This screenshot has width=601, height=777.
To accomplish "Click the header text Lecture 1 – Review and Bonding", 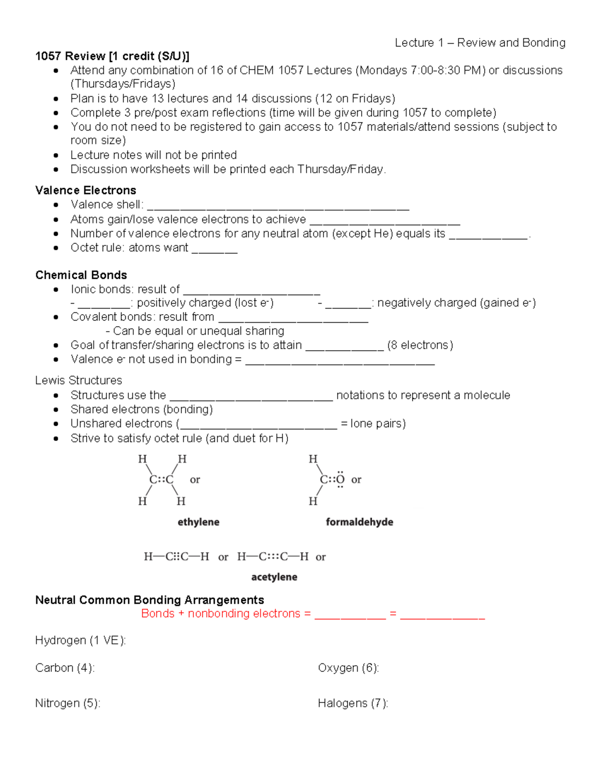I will point(480,43).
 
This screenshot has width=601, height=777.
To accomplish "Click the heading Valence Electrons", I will point(86,190).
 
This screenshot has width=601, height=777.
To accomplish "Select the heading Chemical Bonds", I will point(81,275).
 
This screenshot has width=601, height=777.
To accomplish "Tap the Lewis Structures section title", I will point(79,380).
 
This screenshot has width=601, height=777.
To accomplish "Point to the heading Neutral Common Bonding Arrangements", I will point(149,600).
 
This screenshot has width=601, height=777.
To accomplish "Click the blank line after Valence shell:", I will point(278,207).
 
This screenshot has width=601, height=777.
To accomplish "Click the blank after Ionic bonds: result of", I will point(251,291).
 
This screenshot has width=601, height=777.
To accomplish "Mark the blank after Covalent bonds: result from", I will point(293,319).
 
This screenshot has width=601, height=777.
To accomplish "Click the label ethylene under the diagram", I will point(198,522).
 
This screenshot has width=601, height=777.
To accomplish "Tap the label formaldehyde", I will point(359,522).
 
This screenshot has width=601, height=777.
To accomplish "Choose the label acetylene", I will point(274,577).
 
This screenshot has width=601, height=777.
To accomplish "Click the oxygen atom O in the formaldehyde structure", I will point(340,480).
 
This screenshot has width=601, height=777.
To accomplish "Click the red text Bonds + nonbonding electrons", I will point(220,613).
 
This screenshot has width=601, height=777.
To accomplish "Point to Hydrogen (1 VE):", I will point(80,640).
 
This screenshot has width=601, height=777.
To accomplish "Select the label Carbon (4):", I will point(65,668).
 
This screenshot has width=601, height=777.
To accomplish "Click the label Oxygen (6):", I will point(348,668).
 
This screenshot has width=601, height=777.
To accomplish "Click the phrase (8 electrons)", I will point(420,345).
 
